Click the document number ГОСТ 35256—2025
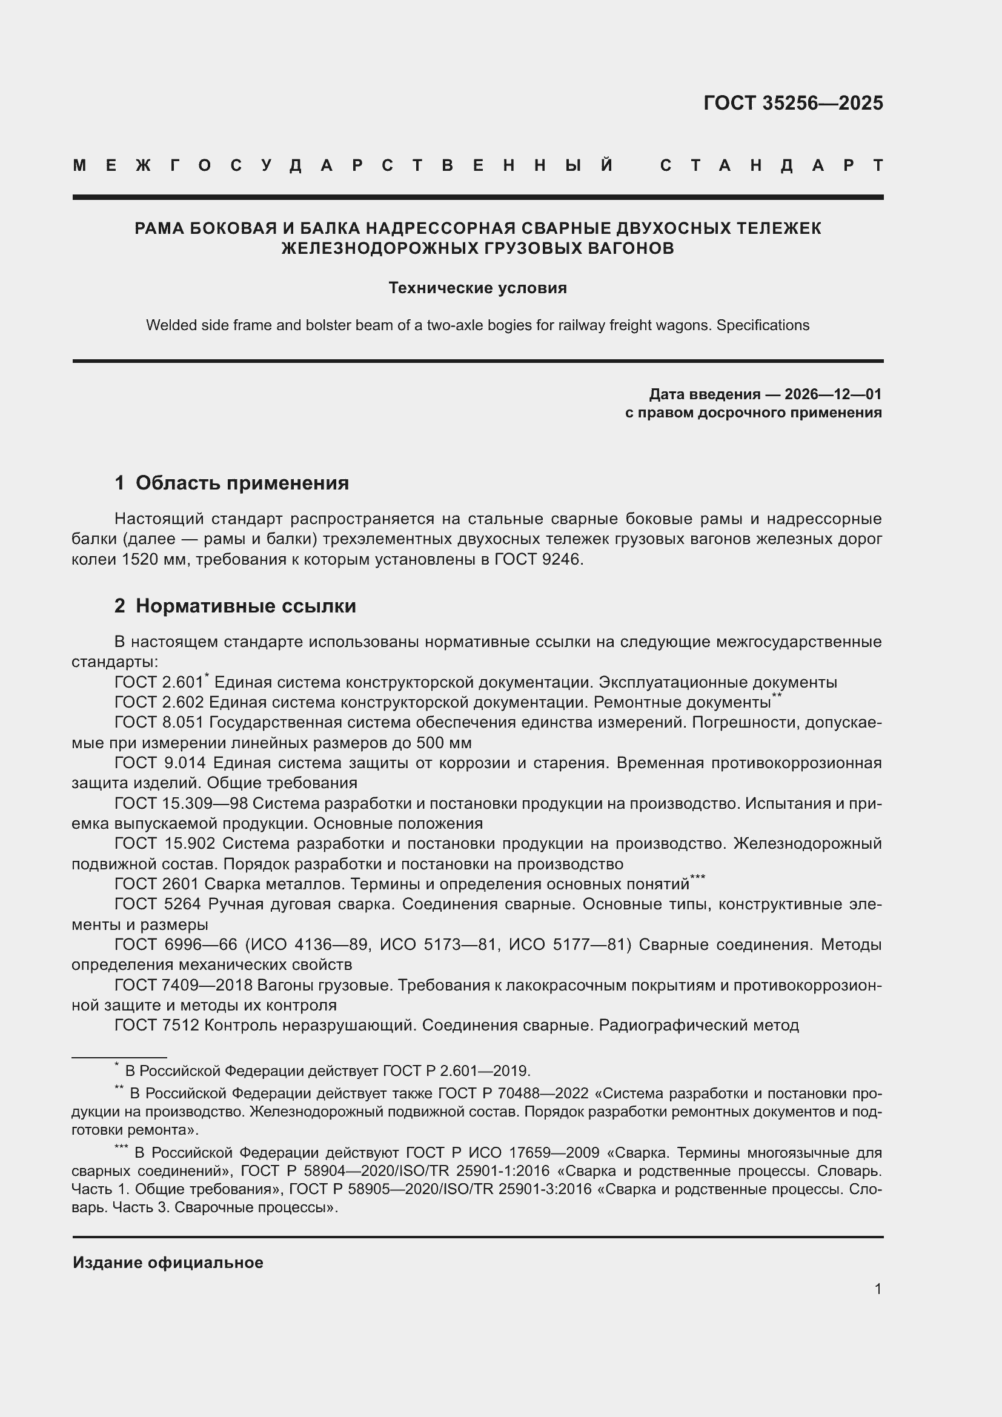(793, 103)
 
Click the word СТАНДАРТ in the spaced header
(771, 165)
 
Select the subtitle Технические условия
(477, 288)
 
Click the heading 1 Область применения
(232, 483)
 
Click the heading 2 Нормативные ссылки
(235, 606)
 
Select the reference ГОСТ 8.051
(159, 722)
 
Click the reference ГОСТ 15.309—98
(181, 803)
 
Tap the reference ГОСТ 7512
(157, 1025)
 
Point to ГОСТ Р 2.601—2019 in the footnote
(456, 1070)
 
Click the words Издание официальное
(168, 1263)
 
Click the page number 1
(878, 1289)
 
